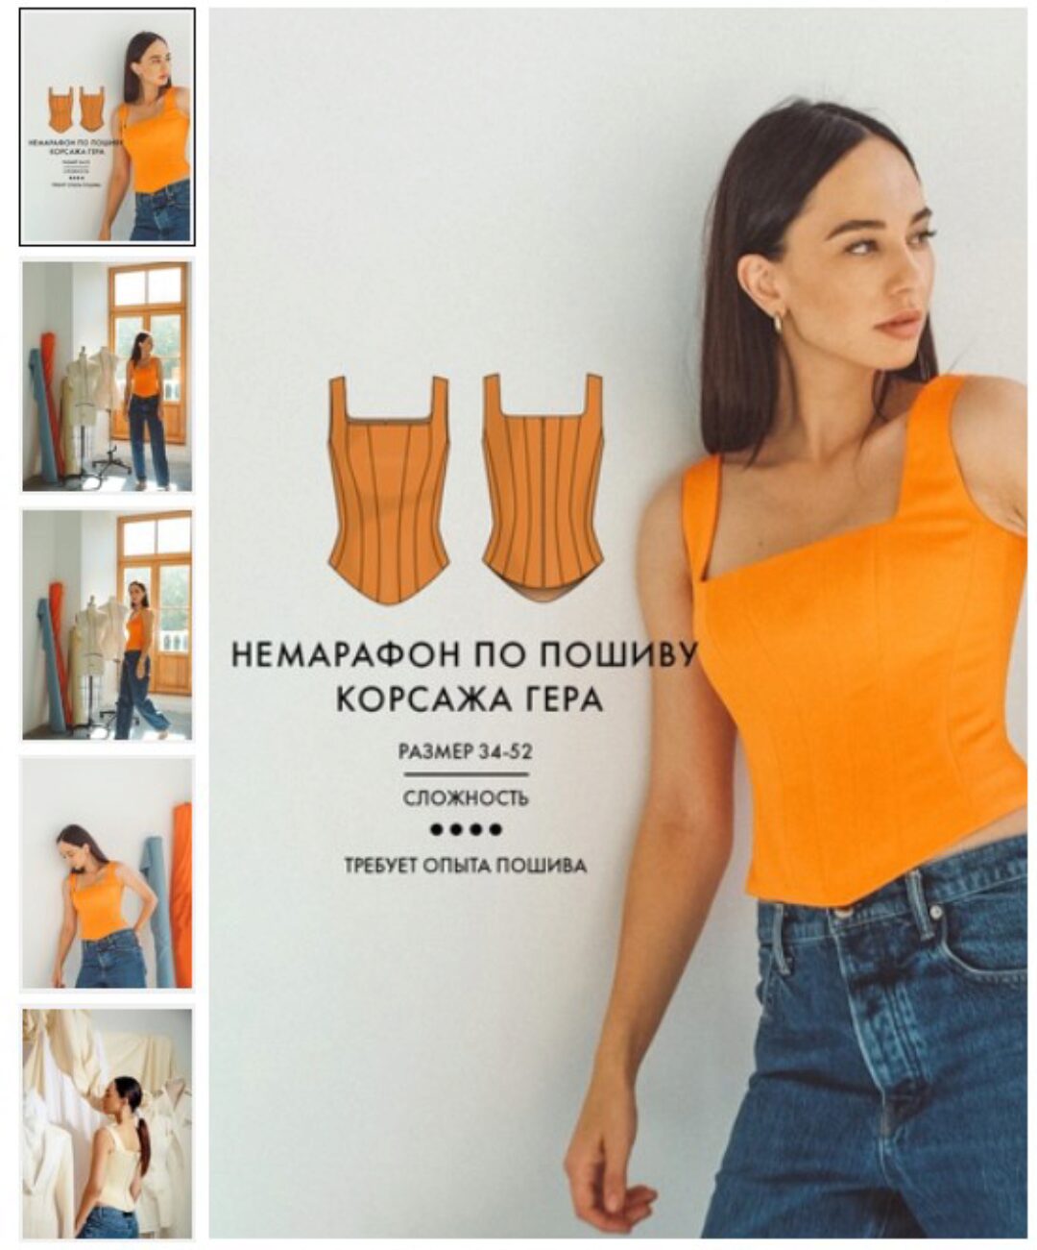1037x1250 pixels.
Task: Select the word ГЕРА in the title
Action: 560,699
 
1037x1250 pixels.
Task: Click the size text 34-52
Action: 506,751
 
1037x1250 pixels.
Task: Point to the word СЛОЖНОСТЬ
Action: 466,798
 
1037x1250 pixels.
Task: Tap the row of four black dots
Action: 466,829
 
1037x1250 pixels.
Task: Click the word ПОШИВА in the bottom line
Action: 543,867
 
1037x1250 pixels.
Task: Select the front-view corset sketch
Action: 389,490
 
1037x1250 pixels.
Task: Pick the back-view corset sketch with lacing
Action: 543,490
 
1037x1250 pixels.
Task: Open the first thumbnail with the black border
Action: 107,127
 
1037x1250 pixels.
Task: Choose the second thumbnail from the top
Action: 107,376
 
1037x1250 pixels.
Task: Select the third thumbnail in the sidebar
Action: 107,625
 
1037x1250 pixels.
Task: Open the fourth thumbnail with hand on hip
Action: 107,873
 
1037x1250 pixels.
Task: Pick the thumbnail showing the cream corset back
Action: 107,1123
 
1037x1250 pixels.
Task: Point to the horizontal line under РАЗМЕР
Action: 466,774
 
